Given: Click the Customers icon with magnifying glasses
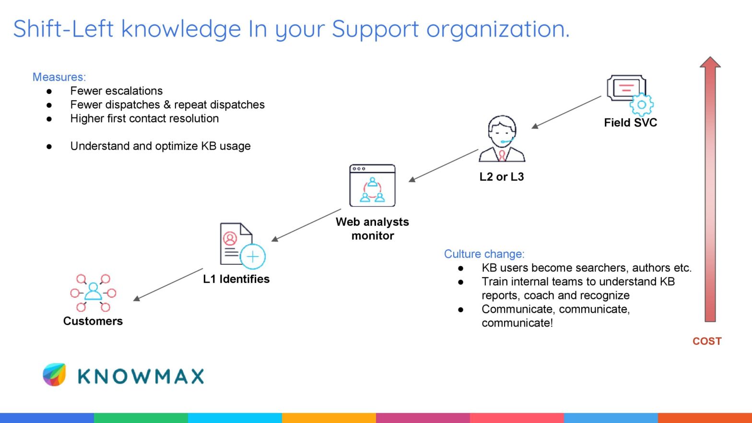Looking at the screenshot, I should tap(93, 293).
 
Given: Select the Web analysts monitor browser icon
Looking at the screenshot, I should tap(372, 186).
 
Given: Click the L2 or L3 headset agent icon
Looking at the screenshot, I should tap(502, 139).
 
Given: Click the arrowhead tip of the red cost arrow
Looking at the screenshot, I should tap(710, 59).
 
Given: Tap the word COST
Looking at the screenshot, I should tap(706, 341).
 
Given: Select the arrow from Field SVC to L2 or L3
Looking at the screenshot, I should tap(566, 112).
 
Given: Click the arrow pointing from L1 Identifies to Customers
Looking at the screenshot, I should tap(168, 284).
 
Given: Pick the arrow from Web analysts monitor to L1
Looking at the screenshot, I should tap(306, 225).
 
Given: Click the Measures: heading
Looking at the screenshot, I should tap(59, 77).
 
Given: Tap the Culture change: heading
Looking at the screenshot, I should tap(484, 254).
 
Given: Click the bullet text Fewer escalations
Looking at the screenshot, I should tap(116, 91).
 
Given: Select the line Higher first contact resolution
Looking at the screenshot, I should tap(144, 118).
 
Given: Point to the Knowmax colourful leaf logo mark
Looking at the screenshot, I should tap(54, 375).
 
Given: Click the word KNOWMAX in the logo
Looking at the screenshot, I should tap(141, 376).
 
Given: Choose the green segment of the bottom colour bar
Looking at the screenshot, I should tap(141, 418).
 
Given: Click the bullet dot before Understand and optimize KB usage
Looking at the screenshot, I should tap(49, 146).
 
